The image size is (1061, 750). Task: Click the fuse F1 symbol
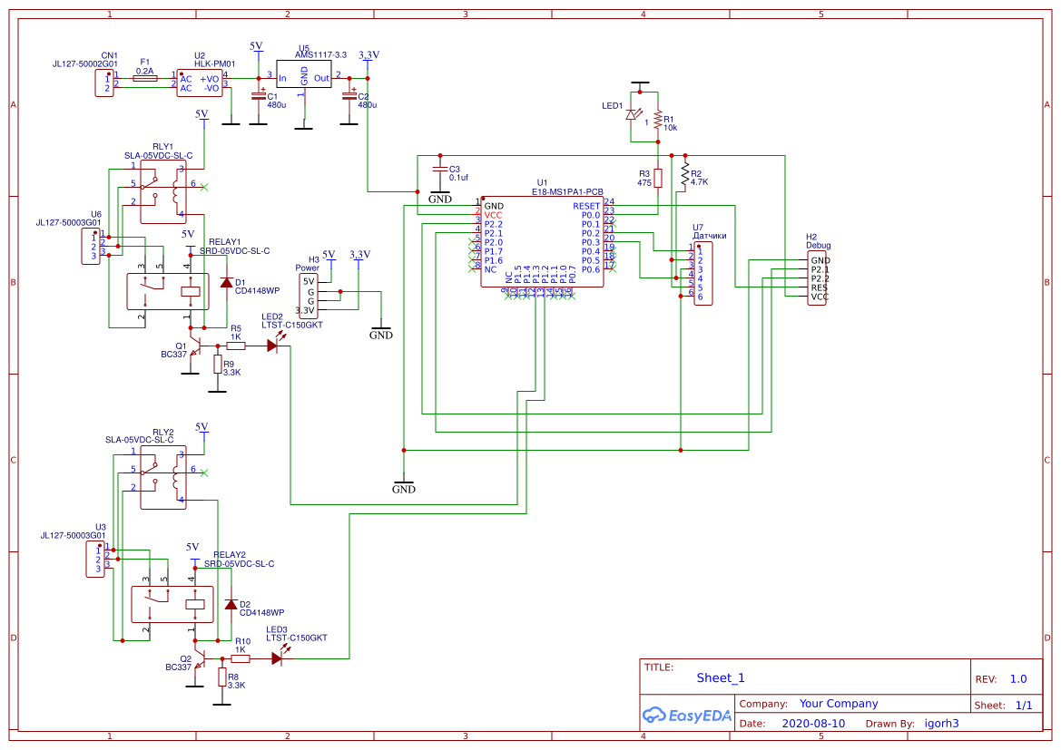[144, 79]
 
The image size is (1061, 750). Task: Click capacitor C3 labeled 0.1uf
[440, 170]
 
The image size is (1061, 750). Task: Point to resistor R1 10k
[657, 120]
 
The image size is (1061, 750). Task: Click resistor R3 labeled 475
[658, 178]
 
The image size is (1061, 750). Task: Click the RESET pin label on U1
[585, 206]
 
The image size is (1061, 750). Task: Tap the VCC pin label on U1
[493, 215]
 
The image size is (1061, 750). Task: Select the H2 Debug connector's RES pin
[819, 287]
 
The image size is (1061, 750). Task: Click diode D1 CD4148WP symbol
[225, 283]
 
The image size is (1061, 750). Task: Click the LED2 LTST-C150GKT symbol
[272, 346]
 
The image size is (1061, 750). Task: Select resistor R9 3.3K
[217, 365]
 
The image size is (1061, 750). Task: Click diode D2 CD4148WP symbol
[231, 604]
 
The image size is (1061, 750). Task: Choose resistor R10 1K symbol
[241, 659]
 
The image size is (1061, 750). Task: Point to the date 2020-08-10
[812, 724]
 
